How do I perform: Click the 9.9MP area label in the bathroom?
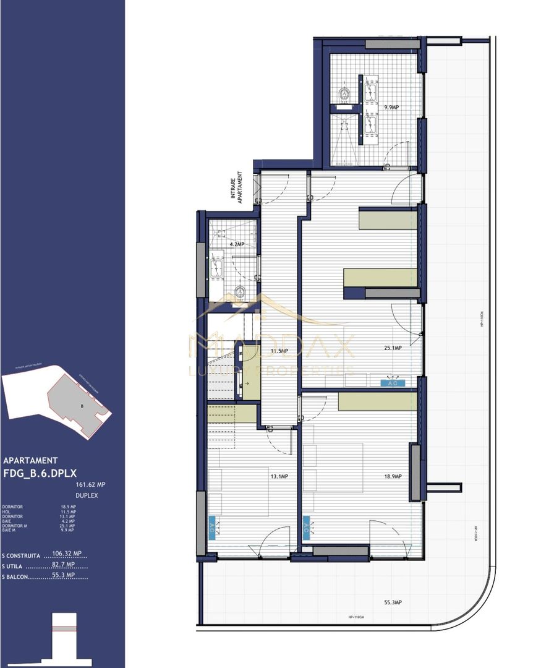tap(391, 107)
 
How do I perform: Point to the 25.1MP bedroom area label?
tap(393, 348)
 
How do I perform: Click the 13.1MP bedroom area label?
tap(278, 476)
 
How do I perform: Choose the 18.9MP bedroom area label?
tap(393, 476)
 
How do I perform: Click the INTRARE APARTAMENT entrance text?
tap(237, 186)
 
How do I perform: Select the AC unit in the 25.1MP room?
tap(392, 383)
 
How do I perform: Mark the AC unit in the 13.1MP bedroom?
tap(213, 528)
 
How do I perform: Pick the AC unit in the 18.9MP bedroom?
tap(305, 528)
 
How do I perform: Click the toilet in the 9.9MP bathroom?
tap(344, 94)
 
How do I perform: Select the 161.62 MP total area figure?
tap(90, 485)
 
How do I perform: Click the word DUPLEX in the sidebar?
tap(87, 495)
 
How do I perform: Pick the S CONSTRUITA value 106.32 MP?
tap(67, 554)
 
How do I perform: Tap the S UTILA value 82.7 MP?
tap(63, 564)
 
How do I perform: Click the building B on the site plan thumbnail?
tap(80, 406)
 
